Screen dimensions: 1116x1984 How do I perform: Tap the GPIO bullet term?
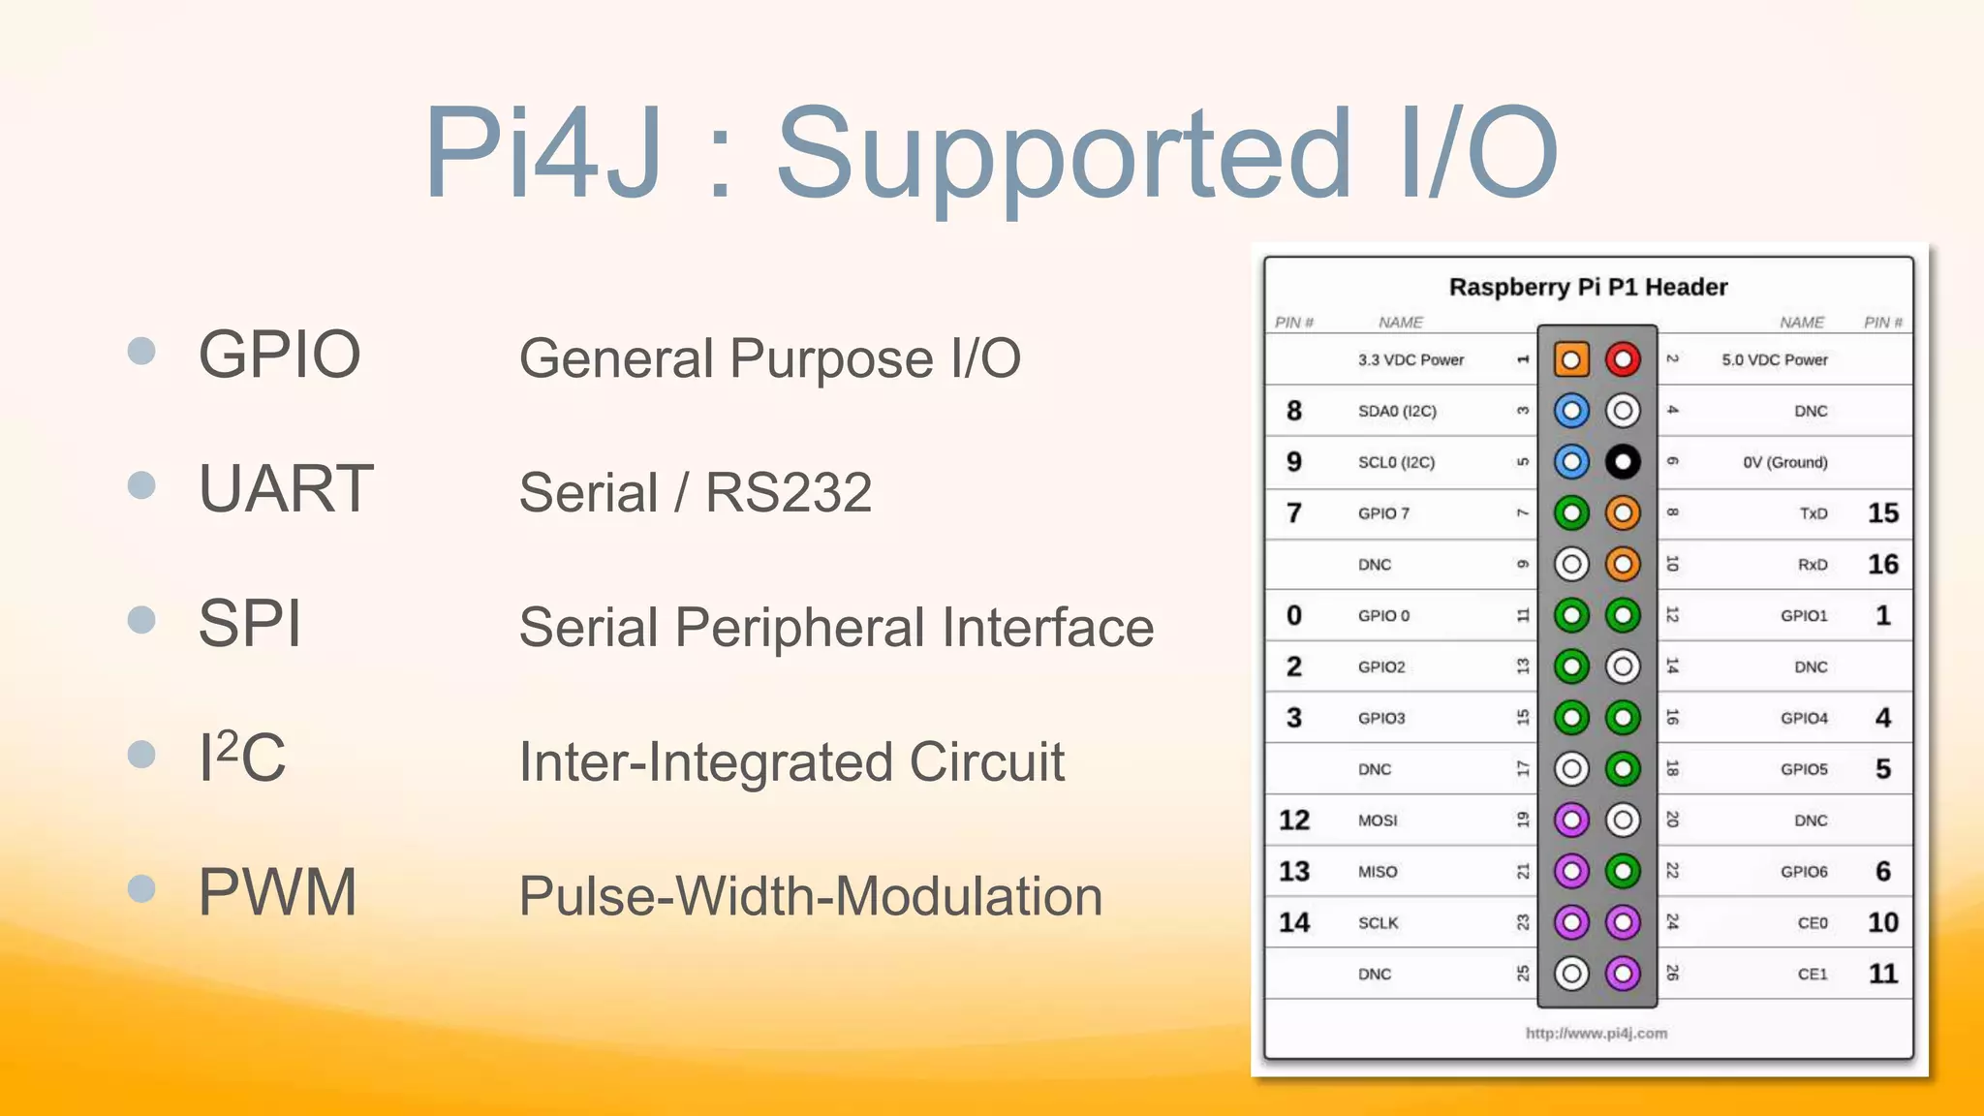[x=279, y=355]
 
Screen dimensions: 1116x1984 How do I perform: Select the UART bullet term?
[x=286, y=488]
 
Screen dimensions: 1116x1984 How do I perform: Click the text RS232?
[x=789, y=492]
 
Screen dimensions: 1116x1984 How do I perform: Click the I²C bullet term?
[x=242, y=757]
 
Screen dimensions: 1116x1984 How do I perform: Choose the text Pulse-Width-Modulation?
[x=811, y=896]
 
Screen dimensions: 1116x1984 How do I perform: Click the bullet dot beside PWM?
[x=141, y=888]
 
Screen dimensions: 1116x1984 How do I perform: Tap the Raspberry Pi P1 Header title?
[x=1588, y=288]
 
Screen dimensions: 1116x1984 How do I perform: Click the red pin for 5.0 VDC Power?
[x=1623, y=359]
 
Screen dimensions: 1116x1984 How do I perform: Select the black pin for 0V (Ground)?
[x=1623, y=462]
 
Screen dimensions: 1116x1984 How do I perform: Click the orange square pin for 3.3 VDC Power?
[x=1571, y=359]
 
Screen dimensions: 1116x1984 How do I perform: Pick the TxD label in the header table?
[x=1813, y=513]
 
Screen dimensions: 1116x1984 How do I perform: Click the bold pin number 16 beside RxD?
[x=1882, y=564]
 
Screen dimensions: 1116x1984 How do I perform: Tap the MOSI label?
[x=1378, y=821]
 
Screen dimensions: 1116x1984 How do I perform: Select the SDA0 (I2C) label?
[x=1397, y=411]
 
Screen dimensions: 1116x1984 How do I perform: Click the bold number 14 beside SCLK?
[x=1294, y=922]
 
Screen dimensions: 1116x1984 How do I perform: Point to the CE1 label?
[x=1813, y=974]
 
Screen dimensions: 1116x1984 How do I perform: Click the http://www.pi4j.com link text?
[x=1596, y=1034]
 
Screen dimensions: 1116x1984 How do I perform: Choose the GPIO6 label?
[x=1804, y=872]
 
